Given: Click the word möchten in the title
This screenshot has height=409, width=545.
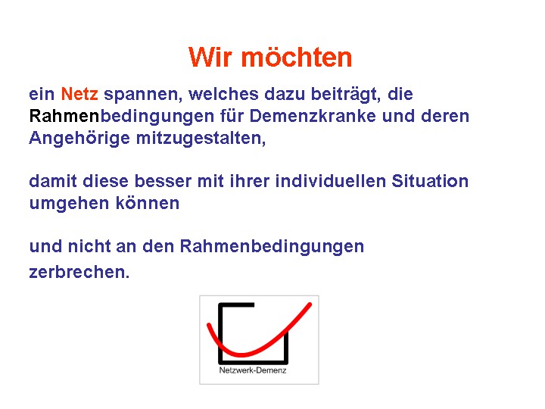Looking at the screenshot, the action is tap(297, 57).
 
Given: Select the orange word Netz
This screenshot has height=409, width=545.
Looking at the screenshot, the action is tap(79, 94).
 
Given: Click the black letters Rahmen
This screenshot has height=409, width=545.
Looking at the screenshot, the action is tap(64, 116).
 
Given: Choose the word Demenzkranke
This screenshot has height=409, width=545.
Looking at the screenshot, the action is tap(313, 116).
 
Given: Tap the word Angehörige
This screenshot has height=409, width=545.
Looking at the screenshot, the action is tap(79, 139).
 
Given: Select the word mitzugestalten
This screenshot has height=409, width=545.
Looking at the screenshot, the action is tap(201, 139).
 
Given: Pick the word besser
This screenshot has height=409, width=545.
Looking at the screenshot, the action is tap(163, 181).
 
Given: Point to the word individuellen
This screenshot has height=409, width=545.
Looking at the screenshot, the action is tap(331, 181).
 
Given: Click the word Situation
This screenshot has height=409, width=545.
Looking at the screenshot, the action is tap(430, 181).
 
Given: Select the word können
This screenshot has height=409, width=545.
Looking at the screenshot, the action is tap(148, 203).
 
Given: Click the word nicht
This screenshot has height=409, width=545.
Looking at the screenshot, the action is tap(89, 246).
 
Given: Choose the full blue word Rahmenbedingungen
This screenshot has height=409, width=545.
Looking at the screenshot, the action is tap(272, 247).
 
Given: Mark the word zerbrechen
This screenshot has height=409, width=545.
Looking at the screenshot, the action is tap(79, 272).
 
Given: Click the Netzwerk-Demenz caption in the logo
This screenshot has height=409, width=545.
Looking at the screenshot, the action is tap(253, 370).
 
